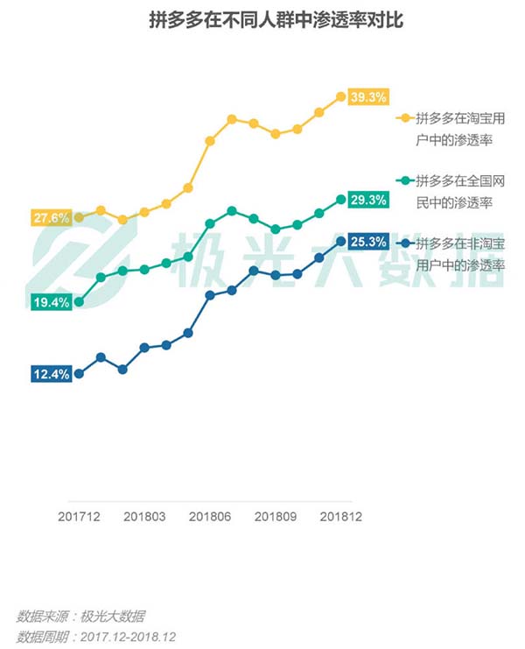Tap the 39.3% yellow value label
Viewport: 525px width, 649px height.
[367, 97]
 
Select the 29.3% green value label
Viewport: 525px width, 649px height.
[367, 201]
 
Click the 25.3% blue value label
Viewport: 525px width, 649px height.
[367, 241]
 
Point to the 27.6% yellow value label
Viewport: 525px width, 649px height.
[52, 218]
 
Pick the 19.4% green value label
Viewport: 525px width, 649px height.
[52, 302]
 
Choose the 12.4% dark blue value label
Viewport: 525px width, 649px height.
[52, 374]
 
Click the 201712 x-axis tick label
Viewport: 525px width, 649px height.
[79, 517]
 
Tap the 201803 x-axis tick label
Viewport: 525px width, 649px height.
[144, 517]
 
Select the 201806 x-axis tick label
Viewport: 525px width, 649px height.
[210, 517]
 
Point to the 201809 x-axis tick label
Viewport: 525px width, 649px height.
[276, 517]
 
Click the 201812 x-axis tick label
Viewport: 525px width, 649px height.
[340, 517]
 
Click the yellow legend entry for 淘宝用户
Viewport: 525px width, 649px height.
[454, 128]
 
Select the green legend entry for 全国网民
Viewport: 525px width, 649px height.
[454, 191]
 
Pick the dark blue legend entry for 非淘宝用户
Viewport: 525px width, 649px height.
[454, 253]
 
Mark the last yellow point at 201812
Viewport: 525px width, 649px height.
[340, 96]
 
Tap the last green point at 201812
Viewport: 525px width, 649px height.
[340, 201]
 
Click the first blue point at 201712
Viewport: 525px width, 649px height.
[79, 373]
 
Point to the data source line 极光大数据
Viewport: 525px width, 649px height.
[80, 616]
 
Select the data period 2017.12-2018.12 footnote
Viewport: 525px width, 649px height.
[95, 637]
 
